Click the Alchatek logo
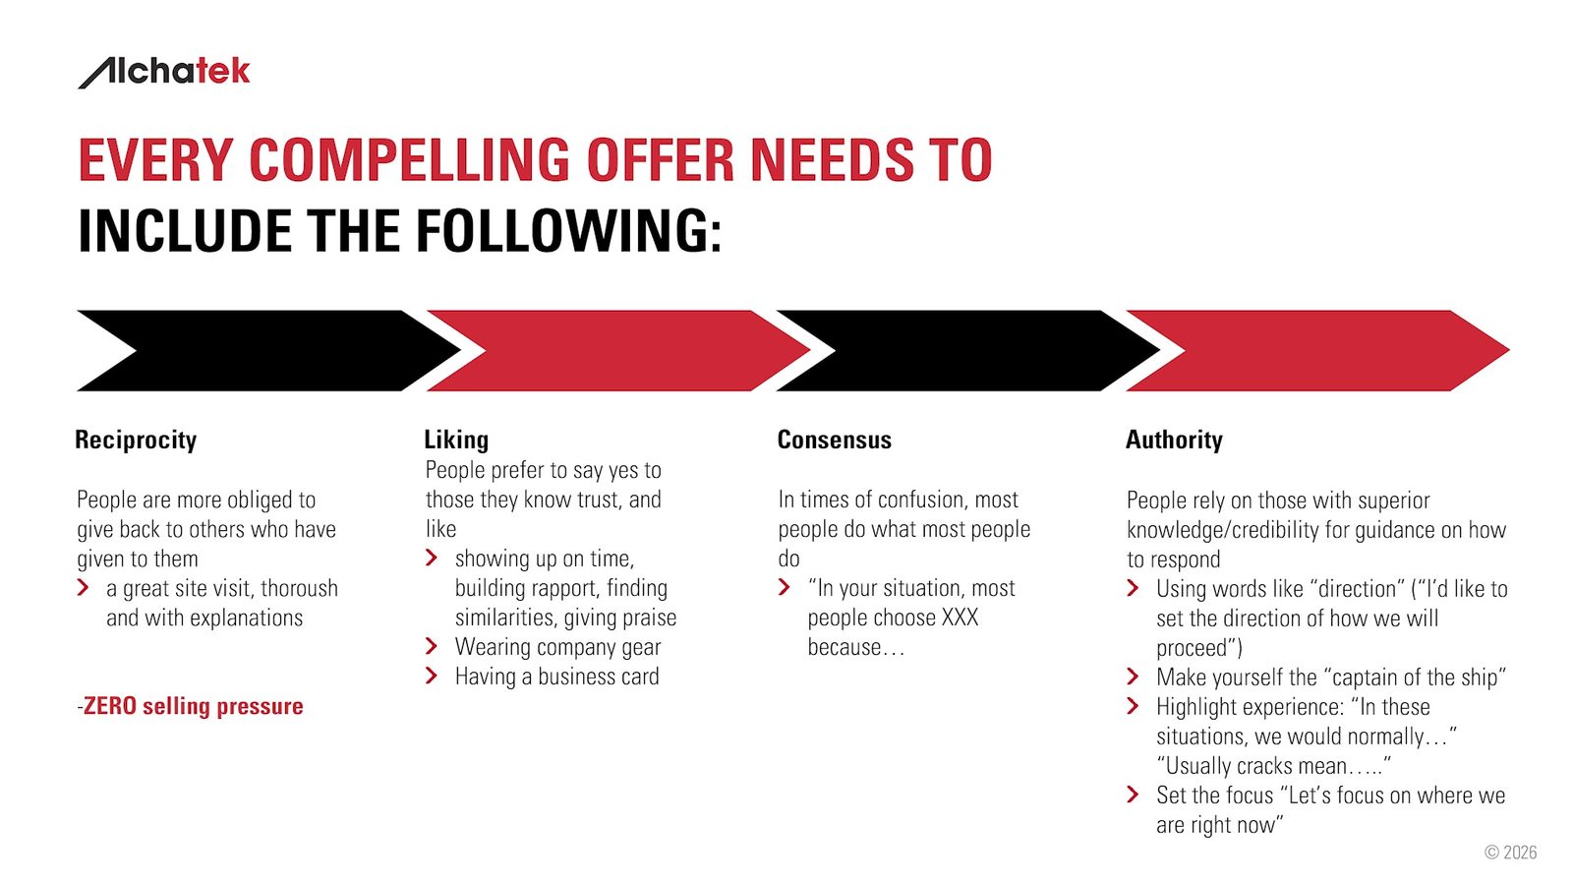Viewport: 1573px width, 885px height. click(x=163, y=73)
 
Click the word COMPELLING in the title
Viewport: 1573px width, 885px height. click(x=409, y=160)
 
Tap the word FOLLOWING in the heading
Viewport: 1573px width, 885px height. click(x=569, y=231)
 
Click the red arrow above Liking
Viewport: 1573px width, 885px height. click(x=618, y=350)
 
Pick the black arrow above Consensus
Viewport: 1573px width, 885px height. click(x=967, y=350)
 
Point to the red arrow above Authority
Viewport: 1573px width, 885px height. click(x=1317, y=350)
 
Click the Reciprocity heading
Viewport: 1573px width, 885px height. click(x=136, y=441)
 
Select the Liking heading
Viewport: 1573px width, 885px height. click(x=456, y=440)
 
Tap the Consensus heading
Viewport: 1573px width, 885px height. click(x=835, y=440)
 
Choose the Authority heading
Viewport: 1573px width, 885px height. click(x=1174, y=441)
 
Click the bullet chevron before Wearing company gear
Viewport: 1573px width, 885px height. click(x=432, y=646)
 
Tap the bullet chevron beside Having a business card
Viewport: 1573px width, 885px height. click(x=432, y=676)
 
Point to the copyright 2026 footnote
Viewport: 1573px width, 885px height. click(x=1510, y=852)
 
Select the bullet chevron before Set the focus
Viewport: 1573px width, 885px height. click(x=1133, y=795)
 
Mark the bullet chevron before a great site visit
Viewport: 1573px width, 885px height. click(x=83, y=587)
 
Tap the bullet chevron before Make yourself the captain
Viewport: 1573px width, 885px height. click(x=1133, y=677)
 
